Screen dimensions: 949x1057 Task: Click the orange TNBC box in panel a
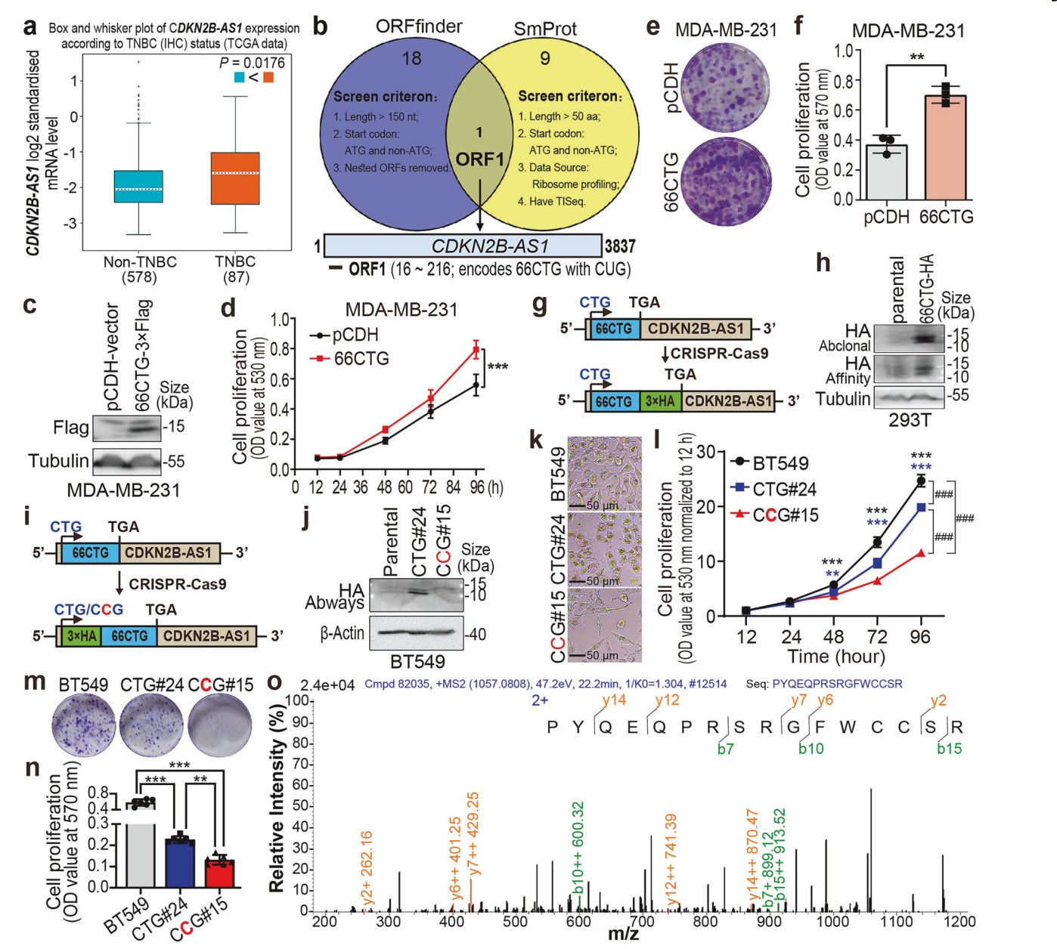(x=235, y=178)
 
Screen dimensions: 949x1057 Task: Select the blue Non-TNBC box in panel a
(x=138, y=187)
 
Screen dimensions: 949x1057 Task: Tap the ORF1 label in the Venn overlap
(x=479, y=159)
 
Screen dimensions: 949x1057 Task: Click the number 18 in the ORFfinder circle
(x=412, y=58)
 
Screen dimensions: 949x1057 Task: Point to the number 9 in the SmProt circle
(x=545, y=58)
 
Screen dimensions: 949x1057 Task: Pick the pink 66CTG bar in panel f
(x=945, y=147)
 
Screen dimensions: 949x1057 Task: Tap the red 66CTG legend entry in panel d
(x=352, y=358)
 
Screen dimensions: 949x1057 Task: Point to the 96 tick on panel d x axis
(x=477, y=487)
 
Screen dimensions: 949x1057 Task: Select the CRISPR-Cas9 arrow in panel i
(x=119, y=584)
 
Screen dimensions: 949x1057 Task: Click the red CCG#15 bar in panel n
(x=220, y=873)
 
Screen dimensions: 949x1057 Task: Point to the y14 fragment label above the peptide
(x=614, y=700)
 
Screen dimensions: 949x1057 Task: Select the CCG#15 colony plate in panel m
(x=220, y=725)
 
